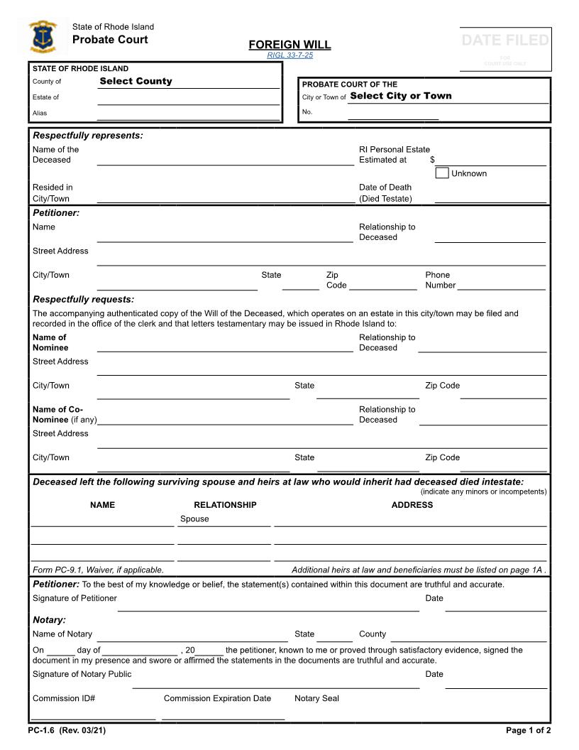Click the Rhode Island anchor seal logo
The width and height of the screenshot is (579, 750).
click(x=43, y=37)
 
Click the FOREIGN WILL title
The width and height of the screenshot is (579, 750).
click(x=289, y=45)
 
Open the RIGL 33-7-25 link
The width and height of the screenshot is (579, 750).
click(x=289, y=55)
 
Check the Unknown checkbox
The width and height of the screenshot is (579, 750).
click(x=442, y=173)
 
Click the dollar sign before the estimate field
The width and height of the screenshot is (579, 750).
click(x=432, y=160)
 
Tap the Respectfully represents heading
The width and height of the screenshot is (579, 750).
click(x=88, y=135)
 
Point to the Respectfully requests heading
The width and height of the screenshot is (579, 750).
click(x=83, y=299)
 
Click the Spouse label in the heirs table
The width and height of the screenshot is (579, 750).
click(x=194, y=518)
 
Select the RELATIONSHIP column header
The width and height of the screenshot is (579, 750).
click(x=225, y=505)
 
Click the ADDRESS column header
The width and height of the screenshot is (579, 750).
click(x=412, y=505)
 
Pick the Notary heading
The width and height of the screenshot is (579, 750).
click(x=49, y=619)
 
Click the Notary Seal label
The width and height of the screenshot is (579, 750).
click(x=316, y=698)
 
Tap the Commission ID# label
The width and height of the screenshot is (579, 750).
click(x=64, y=698)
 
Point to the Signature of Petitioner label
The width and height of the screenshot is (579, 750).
click(x=75, y=598)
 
